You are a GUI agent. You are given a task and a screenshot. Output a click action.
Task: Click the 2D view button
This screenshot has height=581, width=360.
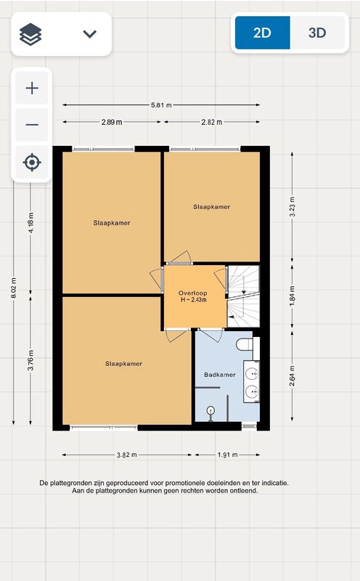[263, 33]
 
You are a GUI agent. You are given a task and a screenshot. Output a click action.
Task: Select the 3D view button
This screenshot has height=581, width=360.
[317, 33]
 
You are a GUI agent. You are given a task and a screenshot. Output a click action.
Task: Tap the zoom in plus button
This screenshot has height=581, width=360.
[32, 88]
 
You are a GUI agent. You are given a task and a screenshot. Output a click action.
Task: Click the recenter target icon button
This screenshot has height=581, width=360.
[32, 162]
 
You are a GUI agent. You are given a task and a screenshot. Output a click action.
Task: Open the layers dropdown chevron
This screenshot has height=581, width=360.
[89, 34]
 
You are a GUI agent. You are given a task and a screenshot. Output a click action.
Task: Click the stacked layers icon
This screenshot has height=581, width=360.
[30, 34]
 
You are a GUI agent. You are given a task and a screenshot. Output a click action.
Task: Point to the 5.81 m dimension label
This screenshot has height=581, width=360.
[161, 105]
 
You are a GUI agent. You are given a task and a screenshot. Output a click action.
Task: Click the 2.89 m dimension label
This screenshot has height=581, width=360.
[112, 122]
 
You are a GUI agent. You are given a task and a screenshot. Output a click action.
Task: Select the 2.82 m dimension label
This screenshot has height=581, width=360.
[212, 122]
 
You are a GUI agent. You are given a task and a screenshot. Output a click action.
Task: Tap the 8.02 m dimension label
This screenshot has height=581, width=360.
[14, 288]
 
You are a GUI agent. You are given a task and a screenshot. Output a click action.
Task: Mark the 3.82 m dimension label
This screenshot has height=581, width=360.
[127, 455]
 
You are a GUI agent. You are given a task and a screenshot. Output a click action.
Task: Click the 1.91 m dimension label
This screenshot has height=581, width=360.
[227, 455]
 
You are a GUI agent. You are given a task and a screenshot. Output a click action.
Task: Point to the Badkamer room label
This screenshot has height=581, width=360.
[220, 375]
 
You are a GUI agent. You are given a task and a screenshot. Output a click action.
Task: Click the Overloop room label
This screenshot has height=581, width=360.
[192, 293]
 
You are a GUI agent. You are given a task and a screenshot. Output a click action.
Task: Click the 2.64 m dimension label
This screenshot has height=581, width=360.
[292, 375]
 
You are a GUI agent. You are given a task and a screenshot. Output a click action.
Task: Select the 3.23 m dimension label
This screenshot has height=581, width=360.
[292, 206]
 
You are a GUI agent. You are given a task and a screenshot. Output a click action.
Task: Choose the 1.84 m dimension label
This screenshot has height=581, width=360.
[292, 296]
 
